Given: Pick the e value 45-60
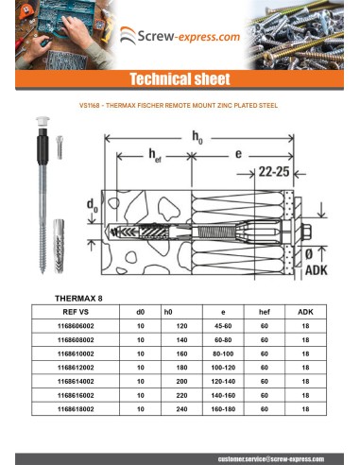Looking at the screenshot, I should pyautogui.click(x=223, y=325).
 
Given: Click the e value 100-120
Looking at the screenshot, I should pyautogui.click(x=223, y=368).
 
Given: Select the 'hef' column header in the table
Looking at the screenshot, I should pyautogui.click(x=265, y=311).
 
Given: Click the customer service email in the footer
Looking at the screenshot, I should pyautogui.click(x=268, y=456).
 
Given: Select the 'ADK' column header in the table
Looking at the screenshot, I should pyautogui.click(x=305, y=311).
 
